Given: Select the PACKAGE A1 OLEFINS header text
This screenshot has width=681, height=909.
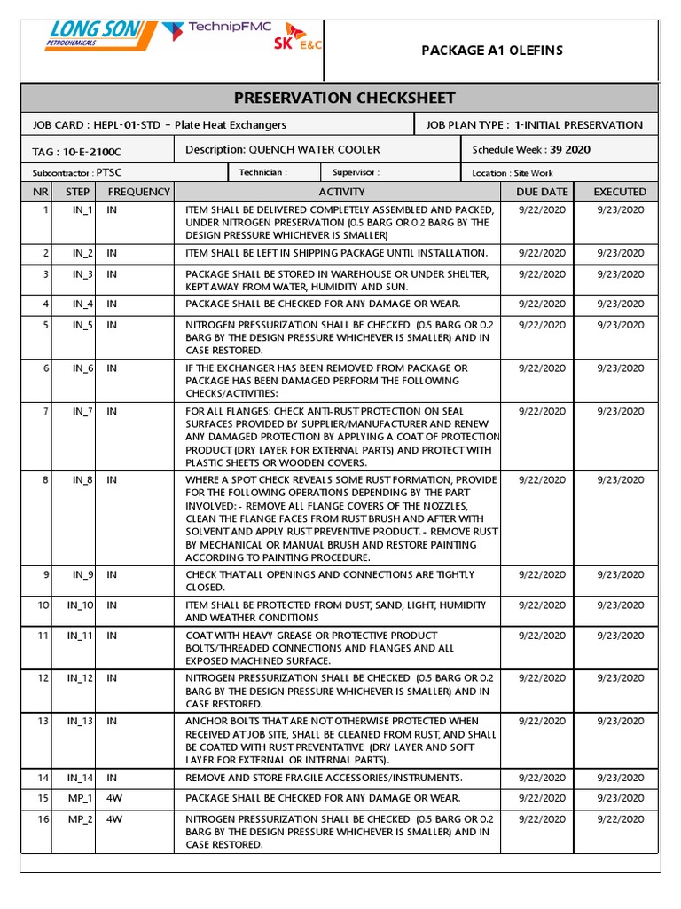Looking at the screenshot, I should point(491,50).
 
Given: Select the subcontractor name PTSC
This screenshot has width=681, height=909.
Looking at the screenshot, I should point(109,173).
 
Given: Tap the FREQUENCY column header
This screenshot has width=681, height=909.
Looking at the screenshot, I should point(138,192).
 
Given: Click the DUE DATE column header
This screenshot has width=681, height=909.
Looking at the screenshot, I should point(541,192).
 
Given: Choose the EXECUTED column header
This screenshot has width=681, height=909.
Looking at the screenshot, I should point(620,192).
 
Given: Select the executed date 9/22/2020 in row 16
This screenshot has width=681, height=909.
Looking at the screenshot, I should point(620,819).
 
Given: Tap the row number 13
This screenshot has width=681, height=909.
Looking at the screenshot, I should point(43,722).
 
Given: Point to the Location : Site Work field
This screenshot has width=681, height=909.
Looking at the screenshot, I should point(512,173).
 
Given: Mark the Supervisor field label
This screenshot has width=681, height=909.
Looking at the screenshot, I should point(355,173).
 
